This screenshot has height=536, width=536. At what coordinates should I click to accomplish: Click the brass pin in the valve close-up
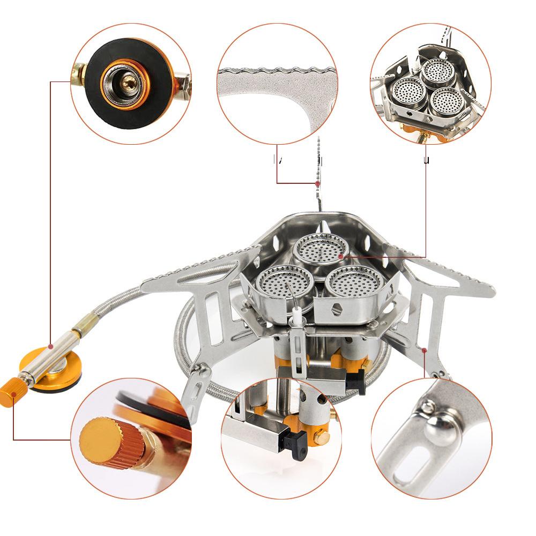(129, 81)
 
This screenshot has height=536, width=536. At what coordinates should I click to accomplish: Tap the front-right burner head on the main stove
(354, 281)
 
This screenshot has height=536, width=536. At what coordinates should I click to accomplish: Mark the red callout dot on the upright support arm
(317, 183)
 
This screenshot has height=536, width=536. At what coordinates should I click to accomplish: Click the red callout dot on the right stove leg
(425, 351)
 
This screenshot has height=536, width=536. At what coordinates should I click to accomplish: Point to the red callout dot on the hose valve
(50, 346)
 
